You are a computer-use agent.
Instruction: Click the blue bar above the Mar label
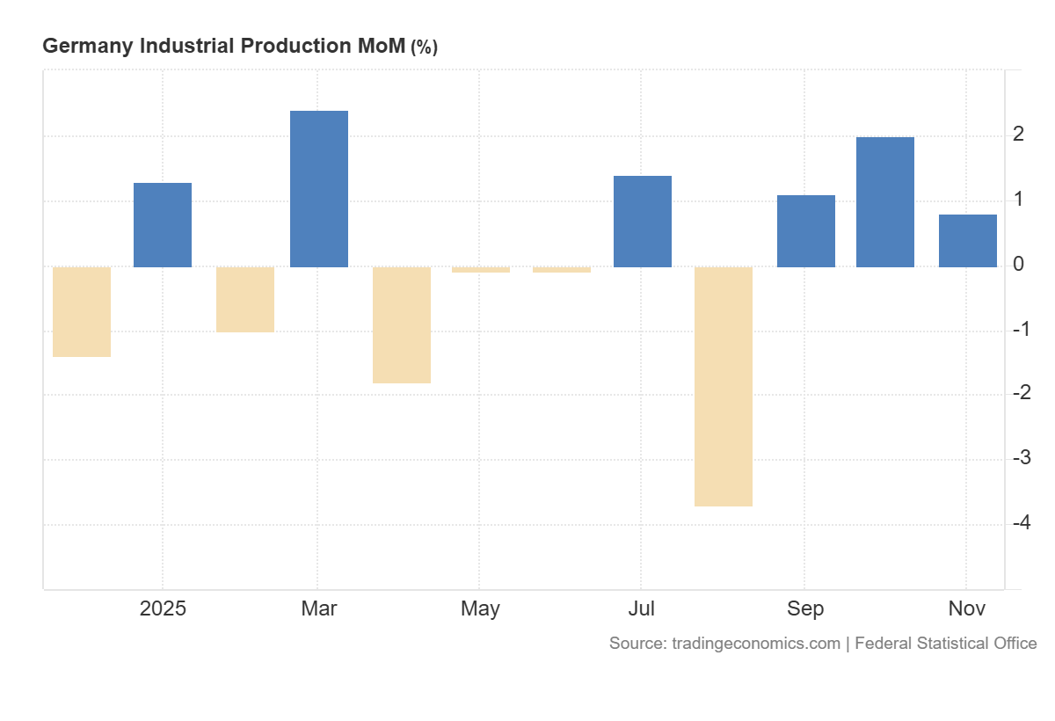[x=319, y=189]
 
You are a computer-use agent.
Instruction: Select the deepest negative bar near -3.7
[x=724, y=386]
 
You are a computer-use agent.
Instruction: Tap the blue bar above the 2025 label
[x=163, y=225]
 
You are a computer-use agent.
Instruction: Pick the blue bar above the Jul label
[x=643, y=222]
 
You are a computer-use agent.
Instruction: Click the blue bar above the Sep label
[x=806, y=231]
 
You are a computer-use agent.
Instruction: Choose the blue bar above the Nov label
[x=968, y=241]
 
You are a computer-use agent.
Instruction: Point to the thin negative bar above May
[x=481, y=270]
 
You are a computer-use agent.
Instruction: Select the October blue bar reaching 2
[x=885, y=202]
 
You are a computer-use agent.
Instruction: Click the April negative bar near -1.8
[x=402, y=325]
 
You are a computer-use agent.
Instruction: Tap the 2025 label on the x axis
[x=163, y=608]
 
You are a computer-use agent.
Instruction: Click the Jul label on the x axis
[x=642, y=608]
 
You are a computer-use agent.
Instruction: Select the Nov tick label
[x=967, y=608]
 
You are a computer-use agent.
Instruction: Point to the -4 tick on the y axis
[x=1021, y=523]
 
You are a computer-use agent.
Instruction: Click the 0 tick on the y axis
[x=1018, y=265]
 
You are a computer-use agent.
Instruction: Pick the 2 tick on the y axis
[x=1018, y=135]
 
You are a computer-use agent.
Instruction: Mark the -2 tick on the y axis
[x=1021, y=393]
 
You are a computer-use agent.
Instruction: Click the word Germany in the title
[x=83, y=47]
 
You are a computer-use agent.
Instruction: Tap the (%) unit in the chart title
[x=424, y=47]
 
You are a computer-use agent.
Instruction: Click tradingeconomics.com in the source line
[x=755, y=644]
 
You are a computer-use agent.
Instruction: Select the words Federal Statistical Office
[x=945, y=644]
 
